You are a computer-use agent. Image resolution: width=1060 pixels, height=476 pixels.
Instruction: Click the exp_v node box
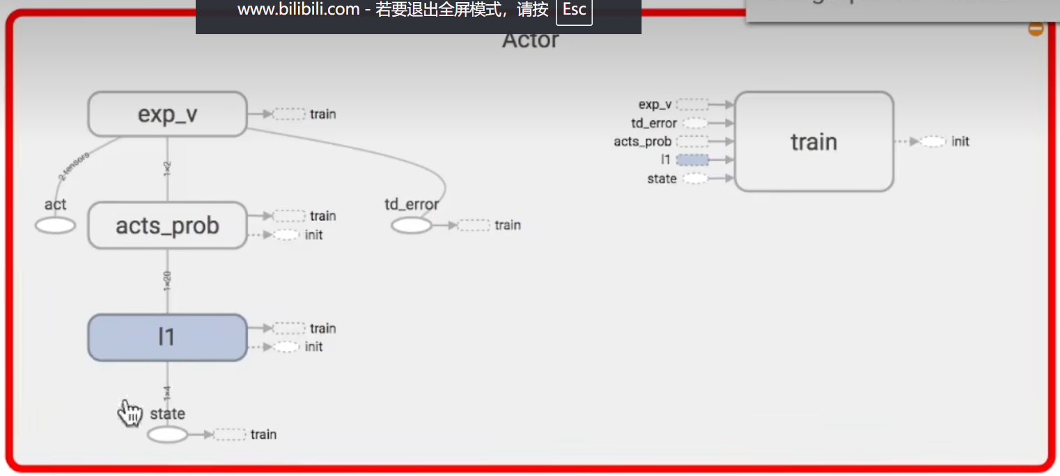tap(167, 114)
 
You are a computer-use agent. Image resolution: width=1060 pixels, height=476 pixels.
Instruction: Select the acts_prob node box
tap(167, 225)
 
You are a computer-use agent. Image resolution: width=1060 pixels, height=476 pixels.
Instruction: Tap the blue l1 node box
tap(167, 337)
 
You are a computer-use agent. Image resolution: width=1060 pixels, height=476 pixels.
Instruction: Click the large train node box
tap(813, 141)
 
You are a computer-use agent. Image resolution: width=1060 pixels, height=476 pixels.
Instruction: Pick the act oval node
tap(55, 226)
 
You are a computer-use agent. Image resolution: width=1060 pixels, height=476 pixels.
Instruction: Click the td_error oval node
tap(411, 226)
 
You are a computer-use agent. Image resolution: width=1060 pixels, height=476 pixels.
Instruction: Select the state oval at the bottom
tap(167, 435)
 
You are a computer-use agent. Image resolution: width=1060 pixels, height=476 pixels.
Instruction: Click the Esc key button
tap(575, 10)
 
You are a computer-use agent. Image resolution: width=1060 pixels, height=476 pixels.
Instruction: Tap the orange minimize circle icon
tap(1036, 29)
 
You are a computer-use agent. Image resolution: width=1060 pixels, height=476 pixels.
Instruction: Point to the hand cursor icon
tap(130, 413)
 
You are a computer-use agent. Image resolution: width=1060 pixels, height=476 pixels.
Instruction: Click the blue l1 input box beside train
tap(692, 160)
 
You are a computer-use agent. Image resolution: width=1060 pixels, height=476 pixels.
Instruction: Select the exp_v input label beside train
tap(655, 105)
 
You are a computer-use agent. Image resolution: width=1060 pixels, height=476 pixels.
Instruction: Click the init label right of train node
tap(960, 141)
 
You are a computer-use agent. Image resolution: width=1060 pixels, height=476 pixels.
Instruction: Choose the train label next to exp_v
tap(323, 114)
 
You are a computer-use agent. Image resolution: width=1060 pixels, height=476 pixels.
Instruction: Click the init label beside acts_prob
tap(313, 235)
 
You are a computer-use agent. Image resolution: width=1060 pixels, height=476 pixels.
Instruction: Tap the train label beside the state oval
tap(263, 434)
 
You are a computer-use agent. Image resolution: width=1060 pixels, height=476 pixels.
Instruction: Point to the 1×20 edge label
tap(167, 281)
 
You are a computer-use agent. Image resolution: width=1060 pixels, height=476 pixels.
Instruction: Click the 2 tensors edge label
tap(74, 166)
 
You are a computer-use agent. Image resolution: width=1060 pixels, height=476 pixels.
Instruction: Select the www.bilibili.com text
tap(298, 10)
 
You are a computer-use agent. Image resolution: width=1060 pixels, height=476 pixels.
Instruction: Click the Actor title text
tap(530, 40)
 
